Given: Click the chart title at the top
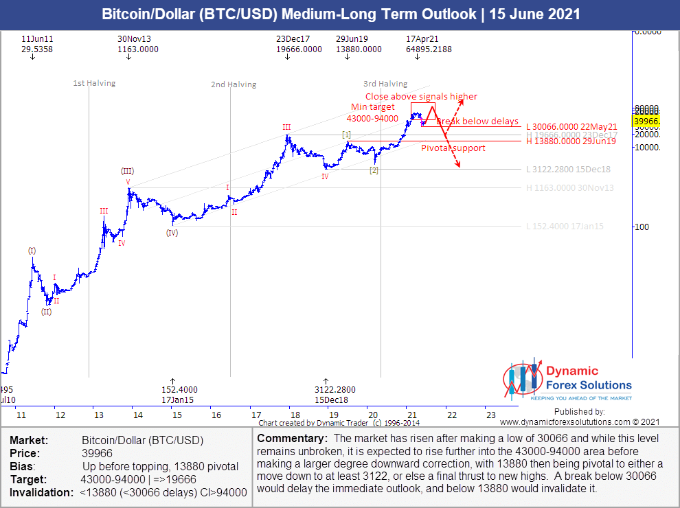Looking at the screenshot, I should pos(340,14).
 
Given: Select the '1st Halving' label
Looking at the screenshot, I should pos(94,84).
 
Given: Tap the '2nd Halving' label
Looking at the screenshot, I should pos(234,85).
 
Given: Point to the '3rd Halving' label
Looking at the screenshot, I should pos(385,84).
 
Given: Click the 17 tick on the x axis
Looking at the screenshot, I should pos(256,415).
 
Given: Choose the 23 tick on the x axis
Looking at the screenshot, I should pos(490,415).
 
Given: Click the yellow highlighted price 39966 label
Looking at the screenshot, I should pos(646,122).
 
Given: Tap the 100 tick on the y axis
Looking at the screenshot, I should pos(642,227).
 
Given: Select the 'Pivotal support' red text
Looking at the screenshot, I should pos(453,148).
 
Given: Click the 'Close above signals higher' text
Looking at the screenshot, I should pos(421,97).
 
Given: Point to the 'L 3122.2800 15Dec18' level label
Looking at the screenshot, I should pos(569,170).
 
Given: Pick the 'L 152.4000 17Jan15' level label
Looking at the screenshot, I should pos(565,227).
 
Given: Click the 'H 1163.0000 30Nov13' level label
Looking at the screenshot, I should pos(570,188).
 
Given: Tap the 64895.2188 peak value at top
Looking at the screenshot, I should pos(429,49).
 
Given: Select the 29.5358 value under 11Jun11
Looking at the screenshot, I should pos(37,49).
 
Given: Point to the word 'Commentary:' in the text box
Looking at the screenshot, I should pos(288,439).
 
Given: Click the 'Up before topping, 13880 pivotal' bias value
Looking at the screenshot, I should pos(159,467).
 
